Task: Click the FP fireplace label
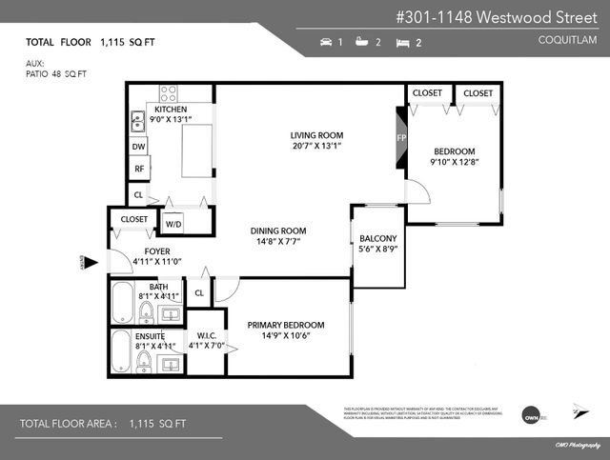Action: coord(401,138)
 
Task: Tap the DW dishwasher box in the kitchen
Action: coord(139,147)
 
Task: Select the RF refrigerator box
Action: coord(139,170)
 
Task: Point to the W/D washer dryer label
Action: coord(173,225)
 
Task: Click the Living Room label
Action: coord(316,134)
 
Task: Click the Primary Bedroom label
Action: coord(286,324)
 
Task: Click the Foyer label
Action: coord(157,251)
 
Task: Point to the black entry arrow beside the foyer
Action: coord(91,262)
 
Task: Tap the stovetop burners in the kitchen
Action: coord(168,93)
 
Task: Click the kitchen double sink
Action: coord(138,120)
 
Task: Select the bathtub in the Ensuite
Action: coord(122,353)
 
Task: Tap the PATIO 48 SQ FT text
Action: coord(57,74)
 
